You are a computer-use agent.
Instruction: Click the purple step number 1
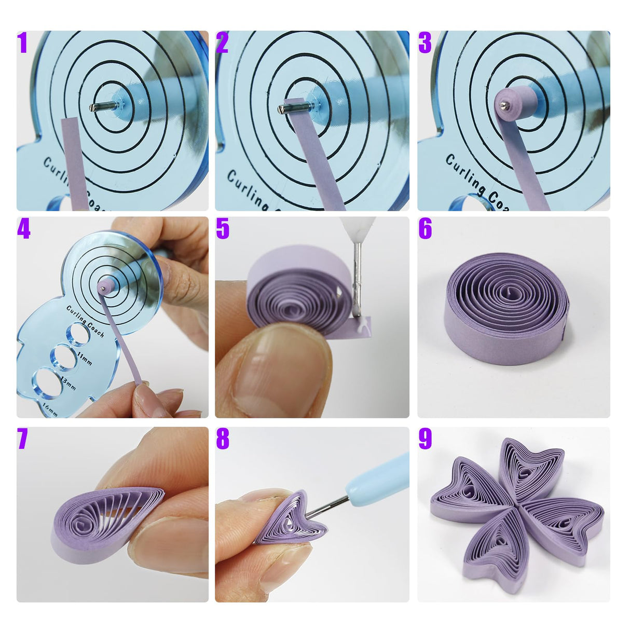click(22, 43)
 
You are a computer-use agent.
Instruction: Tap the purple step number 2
click(222, 43)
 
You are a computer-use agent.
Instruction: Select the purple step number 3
click(424, 43)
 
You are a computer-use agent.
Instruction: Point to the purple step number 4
click(23, 228)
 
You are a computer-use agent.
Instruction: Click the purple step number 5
click(223, 228)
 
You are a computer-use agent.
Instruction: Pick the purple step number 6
click(425, 228)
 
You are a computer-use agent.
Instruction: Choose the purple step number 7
click(22, 439)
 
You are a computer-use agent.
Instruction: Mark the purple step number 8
click(223, 439)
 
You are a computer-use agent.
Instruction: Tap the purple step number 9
click(425, 439)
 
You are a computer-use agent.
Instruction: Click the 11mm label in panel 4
click(84, 358)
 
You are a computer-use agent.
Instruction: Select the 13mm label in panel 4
click(68, 384)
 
